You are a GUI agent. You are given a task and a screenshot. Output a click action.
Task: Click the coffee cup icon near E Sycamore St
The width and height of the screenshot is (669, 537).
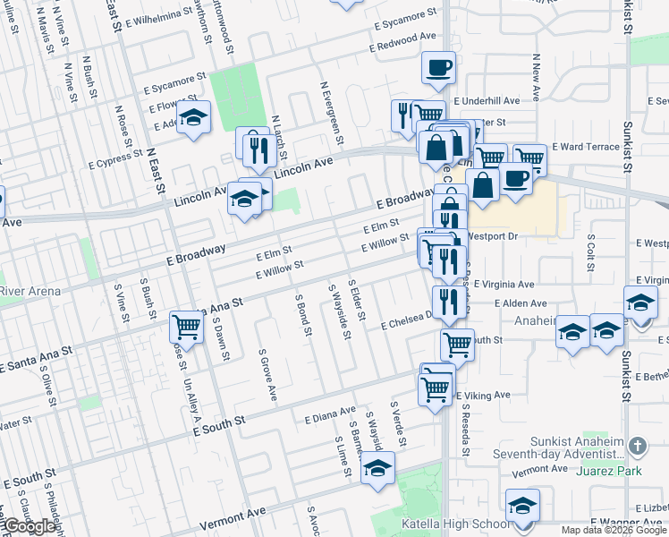pos(438,69)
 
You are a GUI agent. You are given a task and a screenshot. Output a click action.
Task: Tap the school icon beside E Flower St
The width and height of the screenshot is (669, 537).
pos(192,118)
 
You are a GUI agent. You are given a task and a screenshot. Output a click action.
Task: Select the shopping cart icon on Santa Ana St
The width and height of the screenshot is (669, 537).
pos(186,326)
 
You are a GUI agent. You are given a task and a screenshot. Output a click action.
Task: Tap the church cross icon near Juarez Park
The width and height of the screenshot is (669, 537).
pos(637,445)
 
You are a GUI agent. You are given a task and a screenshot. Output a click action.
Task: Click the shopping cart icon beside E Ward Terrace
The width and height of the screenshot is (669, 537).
pos(529,158)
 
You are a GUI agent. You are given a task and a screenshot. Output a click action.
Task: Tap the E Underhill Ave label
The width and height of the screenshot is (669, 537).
pos(487,101)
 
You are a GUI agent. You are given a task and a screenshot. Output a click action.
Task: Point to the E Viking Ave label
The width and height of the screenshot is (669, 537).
pos(483,395)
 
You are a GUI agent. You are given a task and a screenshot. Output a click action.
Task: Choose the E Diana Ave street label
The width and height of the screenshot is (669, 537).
pos(330,415)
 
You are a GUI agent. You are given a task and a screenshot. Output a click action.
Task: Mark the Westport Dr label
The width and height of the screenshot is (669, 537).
pos(493,237)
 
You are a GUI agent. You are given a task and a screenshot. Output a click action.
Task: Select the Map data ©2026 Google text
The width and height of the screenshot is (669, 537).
pos(614,530)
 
